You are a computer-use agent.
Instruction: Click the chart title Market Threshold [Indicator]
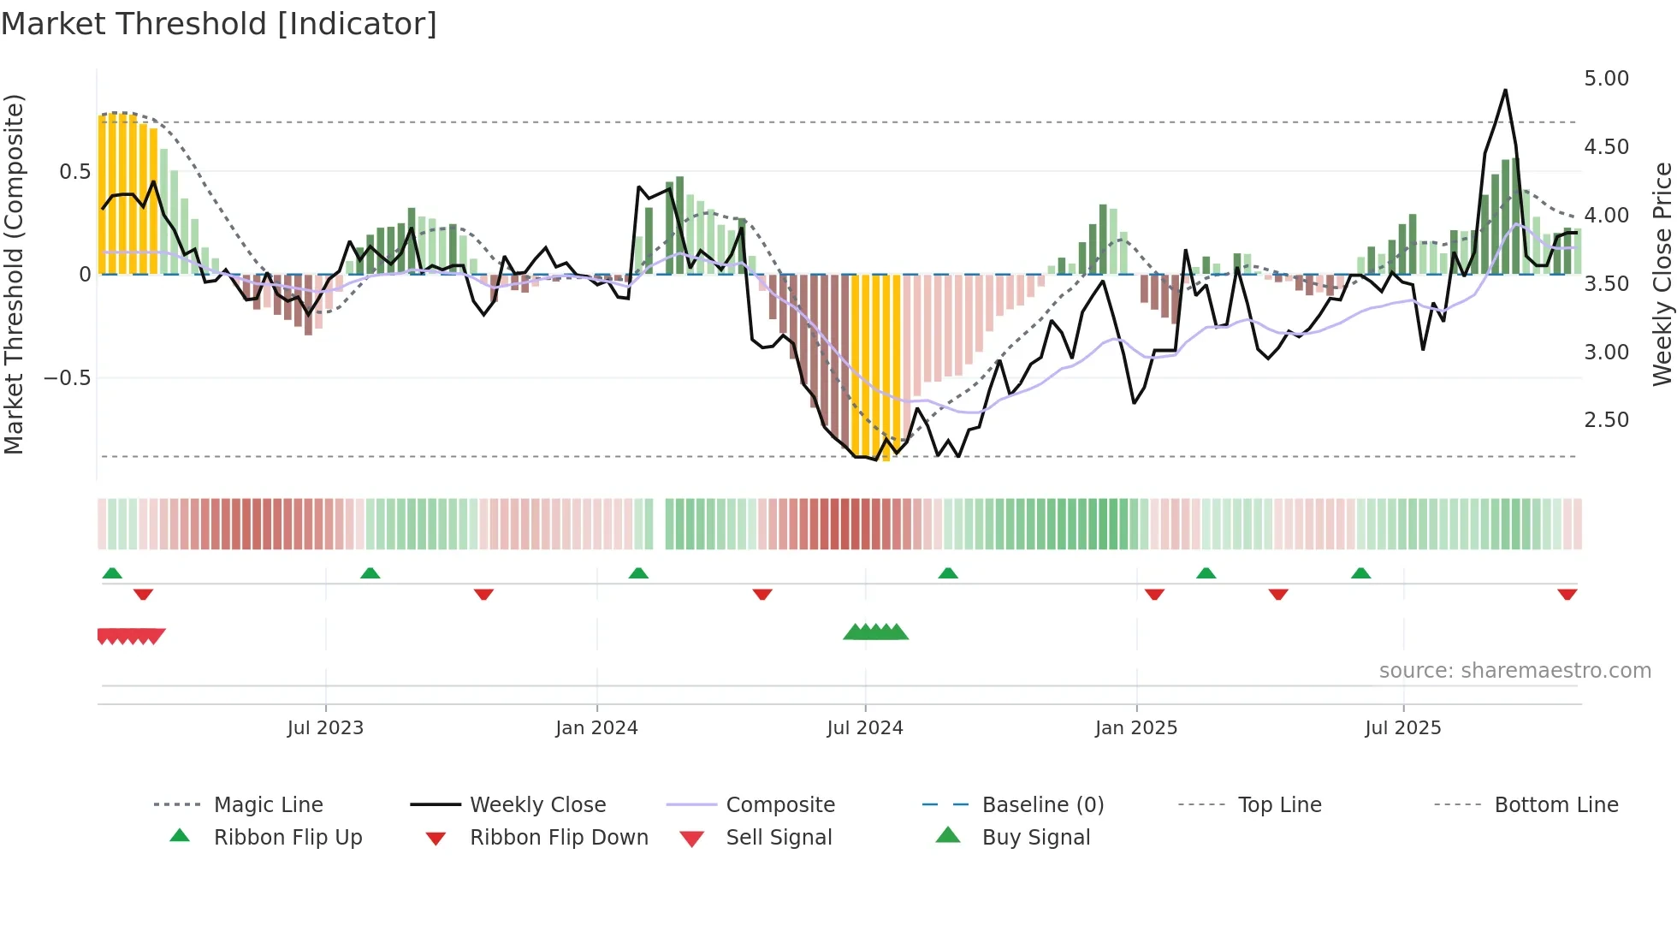click(x=219, y=24)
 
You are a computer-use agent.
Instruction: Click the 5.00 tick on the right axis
click(x=1606, y=79)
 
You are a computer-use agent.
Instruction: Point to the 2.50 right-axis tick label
click(x=1606, y=420)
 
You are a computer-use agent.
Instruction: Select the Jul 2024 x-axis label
click(x=864, y=728)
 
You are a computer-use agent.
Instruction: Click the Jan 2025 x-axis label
click(x=1135, y=728)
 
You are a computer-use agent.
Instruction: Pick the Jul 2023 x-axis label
click(x=325, y=728)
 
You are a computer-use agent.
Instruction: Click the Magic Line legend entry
click(x=268, y=805)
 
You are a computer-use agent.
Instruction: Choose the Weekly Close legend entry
click(x=537, y=805)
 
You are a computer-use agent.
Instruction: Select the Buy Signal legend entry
click(x=1035, y=838)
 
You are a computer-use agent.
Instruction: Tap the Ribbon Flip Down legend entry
click(x=559, y=838)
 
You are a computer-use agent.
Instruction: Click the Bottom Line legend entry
click(x=1556, y=805)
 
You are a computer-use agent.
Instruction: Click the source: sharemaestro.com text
click(x=1514, y=671)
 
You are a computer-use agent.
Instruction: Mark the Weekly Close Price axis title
click(x=1662, y=274)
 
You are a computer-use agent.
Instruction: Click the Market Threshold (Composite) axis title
click(x=14, y=274)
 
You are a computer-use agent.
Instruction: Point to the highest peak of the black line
click(x=1505, y=90)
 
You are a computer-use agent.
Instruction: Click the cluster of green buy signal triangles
click(x=875, y=632)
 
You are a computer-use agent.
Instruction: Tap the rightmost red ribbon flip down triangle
click(x=1567, y=595)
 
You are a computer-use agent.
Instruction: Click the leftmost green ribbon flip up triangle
click(x=112, y=573)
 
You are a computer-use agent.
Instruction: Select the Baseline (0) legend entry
click(x=1042, y=805)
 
